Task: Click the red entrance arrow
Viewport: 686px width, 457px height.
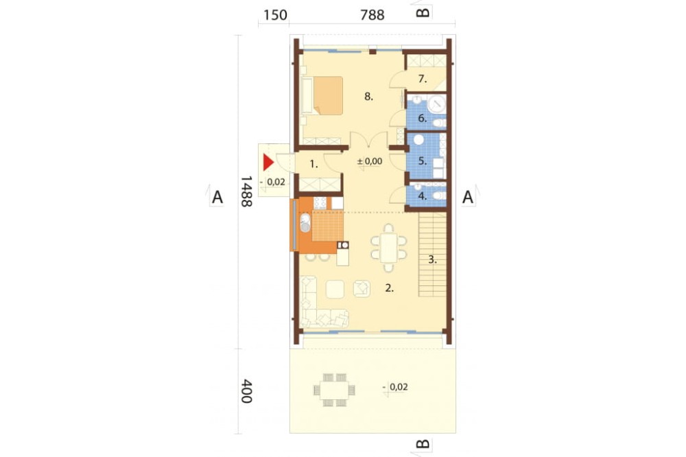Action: pyautogui.click(x=268, y=163)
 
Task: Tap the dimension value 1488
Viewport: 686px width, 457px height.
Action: pyautogui.click(x=246, y=191)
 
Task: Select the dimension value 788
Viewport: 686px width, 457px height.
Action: pyautogui.click(x=372, y=15)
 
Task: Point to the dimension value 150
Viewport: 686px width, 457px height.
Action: pyautogui.click(x=275, y=15)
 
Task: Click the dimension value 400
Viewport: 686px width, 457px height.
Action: pyautogui.click(x=246, y=391)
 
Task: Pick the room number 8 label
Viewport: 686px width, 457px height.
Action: pyautogui.click(x=369, y=96)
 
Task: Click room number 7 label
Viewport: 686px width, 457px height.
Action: pyautogui.click(x=422, y=79)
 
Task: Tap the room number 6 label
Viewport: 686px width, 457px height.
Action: pyautogui.click(x=422, y=118)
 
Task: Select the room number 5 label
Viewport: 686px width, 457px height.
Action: pyautogui.click(x=422, y=161)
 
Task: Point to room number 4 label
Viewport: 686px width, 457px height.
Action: pyautogui.click(x=422, y=196)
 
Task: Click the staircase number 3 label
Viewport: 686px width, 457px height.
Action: pyautogui.click(x=432, y=259)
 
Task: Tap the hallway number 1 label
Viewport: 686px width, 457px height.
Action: pyautogui.click(x=314, y=165)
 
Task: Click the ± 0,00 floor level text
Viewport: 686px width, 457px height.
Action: pyautogui.click(x=370, y=161)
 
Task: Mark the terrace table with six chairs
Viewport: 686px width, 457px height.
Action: pyautogui.click(x=334, y=390)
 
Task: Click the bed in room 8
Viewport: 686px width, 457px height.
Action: pyautogui.click(x=322, y=96)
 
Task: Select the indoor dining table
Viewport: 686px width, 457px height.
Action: pyautogui.click(x=388, y=247)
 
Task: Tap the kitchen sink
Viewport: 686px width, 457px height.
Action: pyautogui.click(x=305, y=223)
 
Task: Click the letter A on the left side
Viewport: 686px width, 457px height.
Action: pyautogui.click(x=217, y=198)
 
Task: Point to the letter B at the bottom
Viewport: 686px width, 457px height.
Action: pyautogui.click(x=423, y=445)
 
